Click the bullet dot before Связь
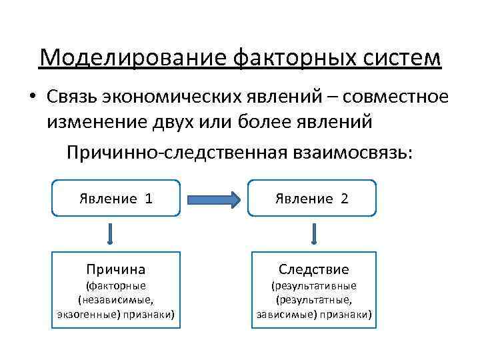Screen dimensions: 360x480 click(32, 97)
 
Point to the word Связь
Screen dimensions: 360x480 click(72, 97)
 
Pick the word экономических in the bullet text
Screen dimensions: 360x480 click(173, 97)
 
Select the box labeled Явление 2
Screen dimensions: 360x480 click(312, 198)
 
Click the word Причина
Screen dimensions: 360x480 click(115, 269)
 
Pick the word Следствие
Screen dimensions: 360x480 click(313, 269)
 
